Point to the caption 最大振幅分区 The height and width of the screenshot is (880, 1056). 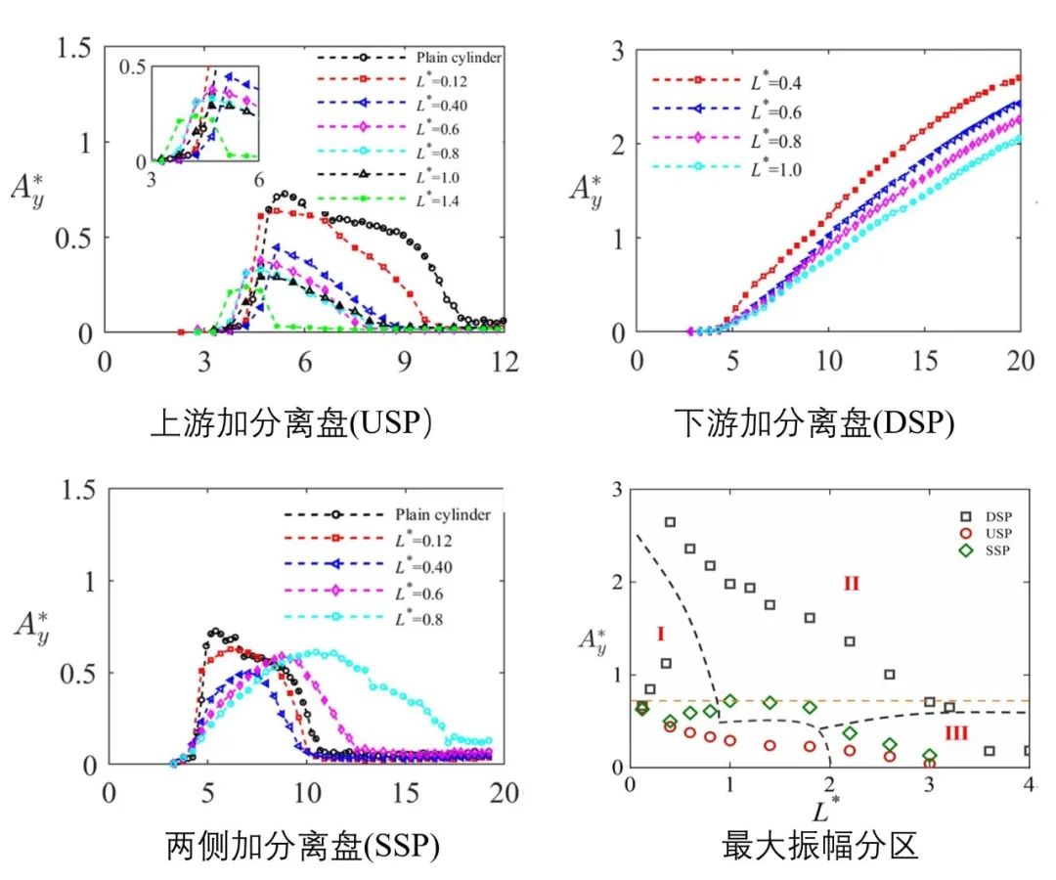click(820, 846)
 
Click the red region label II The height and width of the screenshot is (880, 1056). click(851, 584)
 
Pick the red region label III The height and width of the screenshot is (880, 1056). click(959, 732)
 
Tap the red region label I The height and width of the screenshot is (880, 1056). click(660, 635)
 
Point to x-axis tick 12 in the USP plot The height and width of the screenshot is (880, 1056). click(505, 361)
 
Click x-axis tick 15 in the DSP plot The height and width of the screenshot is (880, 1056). click(924, 361)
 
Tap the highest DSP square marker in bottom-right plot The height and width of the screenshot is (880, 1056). click(670, 522)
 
